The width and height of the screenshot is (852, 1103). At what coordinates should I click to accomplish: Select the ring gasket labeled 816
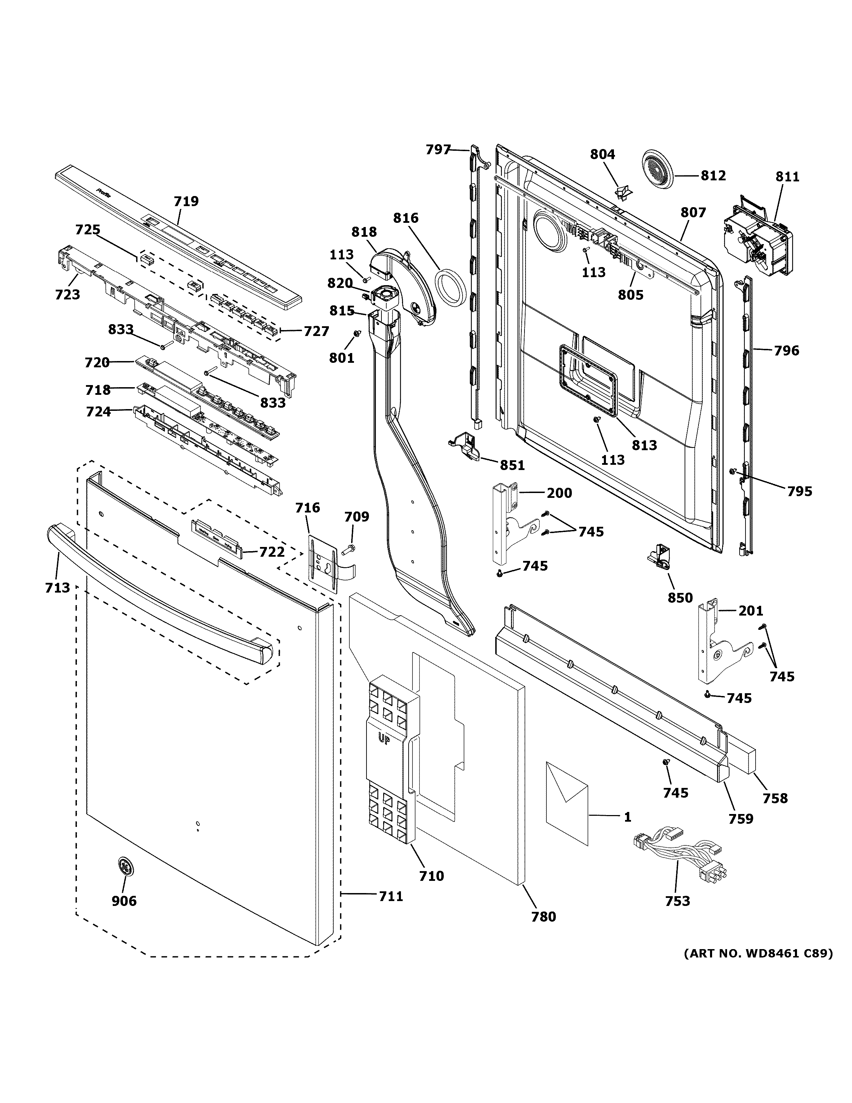pos(449,288)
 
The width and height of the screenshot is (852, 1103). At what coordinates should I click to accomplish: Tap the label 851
pos(512,465)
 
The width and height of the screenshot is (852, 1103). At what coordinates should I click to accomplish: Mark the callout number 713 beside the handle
pos(57,587)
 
